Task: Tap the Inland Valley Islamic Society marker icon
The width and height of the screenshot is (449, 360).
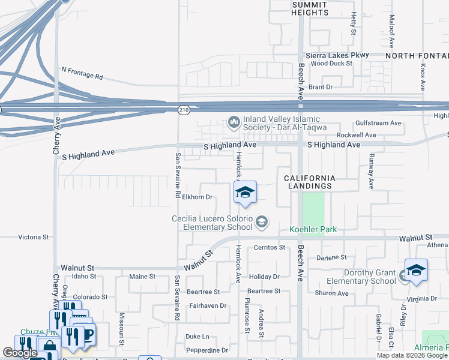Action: [234, 123]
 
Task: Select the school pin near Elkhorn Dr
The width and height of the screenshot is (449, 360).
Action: [245, 193]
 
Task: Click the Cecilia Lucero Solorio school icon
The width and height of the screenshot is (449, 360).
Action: [261, 223]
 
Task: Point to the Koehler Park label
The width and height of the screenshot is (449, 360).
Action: [313, 229]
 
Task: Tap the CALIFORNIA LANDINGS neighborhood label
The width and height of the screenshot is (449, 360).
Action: [309, 182]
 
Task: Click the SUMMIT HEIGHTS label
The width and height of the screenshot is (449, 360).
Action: [310, 8]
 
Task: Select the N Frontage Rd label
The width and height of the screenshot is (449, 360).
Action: [82, 73]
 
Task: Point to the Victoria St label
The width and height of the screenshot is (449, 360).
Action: [34, 237]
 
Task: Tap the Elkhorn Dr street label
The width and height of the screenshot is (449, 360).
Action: [197, 197]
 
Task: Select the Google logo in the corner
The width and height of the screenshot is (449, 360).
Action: [20, 353]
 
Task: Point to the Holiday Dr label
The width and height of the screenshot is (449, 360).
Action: [265, 277]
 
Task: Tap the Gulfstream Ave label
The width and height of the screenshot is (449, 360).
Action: [378, 123]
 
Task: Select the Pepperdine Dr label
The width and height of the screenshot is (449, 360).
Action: [207, 350]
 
